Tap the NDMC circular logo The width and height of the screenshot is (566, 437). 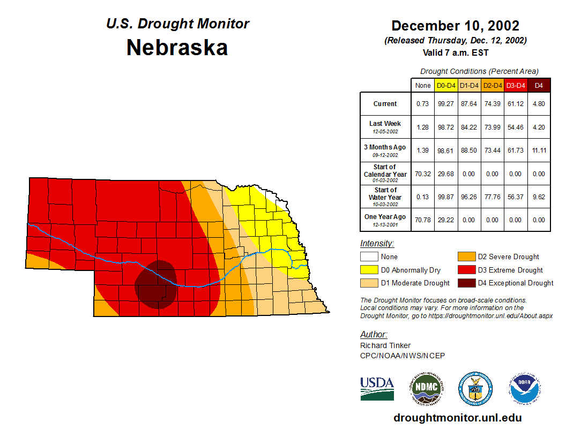427,388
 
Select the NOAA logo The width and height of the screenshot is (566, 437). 525,388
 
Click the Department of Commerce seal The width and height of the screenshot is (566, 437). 475,388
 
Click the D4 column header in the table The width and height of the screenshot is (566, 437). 539,85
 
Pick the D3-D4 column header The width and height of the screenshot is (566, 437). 516,85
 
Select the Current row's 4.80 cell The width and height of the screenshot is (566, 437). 539,104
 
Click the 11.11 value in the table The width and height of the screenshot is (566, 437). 539,151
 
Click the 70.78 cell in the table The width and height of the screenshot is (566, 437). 423,220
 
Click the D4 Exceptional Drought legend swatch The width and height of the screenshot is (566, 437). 466,283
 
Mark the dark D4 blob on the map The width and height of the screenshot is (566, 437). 156,284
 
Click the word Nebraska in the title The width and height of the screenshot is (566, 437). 177,48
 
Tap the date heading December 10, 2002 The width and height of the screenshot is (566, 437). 455,26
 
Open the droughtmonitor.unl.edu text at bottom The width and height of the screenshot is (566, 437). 457,418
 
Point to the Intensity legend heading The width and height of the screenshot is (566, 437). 377,243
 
